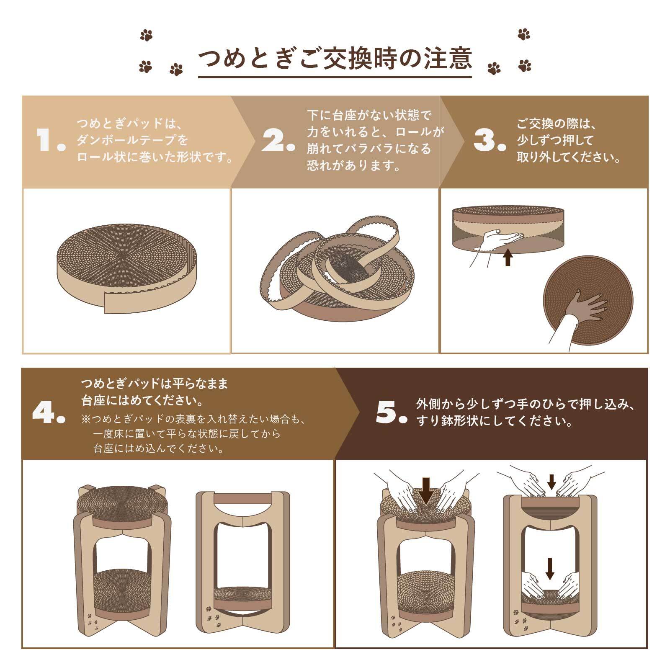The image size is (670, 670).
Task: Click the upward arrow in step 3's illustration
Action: point(508,257)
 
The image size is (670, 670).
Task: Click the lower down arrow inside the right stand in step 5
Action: point(550,568)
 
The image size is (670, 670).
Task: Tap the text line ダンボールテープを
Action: point(132,140)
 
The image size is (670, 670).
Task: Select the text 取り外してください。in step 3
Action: point(568,157)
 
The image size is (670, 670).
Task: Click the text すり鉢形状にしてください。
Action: point(494,421)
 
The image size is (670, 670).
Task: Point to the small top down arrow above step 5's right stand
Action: point(551,481)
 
